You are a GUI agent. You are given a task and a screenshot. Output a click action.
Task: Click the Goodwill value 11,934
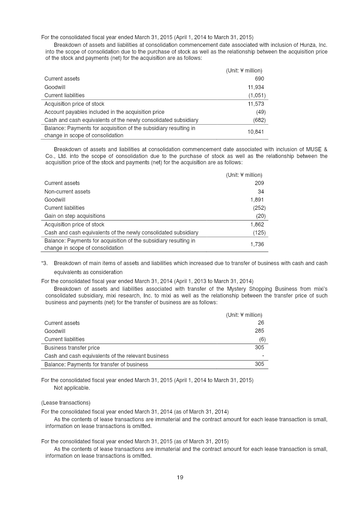coord(256,87)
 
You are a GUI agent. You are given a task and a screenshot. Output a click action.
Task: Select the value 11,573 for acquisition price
coord(256,104)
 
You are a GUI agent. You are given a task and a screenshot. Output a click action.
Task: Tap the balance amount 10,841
coord(256,132)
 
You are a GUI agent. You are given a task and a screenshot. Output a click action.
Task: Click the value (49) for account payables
coord(260,112)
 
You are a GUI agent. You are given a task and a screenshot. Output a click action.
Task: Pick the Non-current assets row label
coord(67,191)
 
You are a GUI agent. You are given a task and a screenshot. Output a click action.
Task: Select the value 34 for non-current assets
coord(261,191)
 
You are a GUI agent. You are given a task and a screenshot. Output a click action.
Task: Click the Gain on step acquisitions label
coord(74,216)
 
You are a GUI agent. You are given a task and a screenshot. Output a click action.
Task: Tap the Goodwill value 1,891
coord(257,199)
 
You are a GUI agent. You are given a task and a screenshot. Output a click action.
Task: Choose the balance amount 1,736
coord(257,244)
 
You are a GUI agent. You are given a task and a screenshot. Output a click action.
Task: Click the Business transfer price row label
coord(72,347)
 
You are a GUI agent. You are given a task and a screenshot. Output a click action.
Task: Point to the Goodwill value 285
coord(259,331)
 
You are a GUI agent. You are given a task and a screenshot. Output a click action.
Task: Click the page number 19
coord(180,477)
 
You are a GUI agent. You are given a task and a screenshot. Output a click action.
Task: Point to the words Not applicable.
coord(72,388)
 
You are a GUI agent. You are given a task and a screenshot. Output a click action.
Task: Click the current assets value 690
coord(259,79)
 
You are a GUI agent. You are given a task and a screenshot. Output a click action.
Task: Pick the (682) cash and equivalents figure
coord(259,120)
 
